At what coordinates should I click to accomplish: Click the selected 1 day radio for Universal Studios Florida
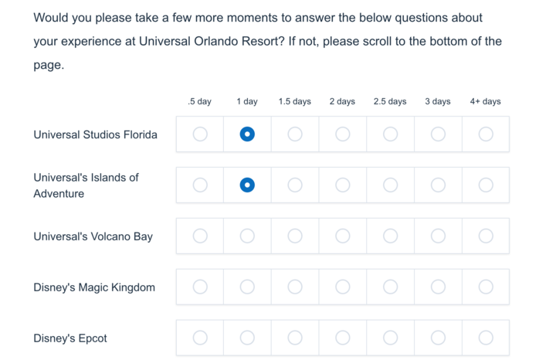(x=247, y=134)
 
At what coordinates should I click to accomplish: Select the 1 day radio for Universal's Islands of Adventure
(x=247, y=185)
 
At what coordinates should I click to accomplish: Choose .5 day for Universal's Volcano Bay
(x=200, y=236)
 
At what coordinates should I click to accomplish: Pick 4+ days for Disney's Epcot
(x=486, y=338)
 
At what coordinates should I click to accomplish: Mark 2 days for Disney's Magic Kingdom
(x=343, y=287)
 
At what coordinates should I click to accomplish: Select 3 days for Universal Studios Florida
(x=438, y=134)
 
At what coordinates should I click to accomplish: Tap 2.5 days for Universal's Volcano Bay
(x=391, y=236)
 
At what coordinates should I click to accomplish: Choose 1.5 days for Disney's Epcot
(x=295, y=338)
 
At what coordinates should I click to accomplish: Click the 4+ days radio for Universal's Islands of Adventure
(x=486, y=185)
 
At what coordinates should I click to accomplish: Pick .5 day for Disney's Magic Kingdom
(x=200, y=287)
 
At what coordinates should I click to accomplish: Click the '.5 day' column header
(x=200, y=101)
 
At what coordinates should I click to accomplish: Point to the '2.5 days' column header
(x=390, y=101)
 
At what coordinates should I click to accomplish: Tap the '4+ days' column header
(x=486, y=101)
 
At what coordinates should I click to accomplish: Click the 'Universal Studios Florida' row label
(x=96, y=134)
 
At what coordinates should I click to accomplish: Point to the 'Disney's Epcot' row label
(x=70, y=338)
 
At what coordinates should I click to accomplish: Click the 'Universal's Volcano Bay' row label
(x=93, y=236)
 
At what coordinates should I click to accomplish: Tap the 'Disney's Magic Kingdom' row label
(x=94, y=287)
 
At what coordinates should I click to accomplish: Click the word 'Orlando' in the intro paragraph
(x=216, y=41)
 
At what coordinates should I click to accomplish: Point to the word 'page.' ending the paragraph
(x=49, y=65)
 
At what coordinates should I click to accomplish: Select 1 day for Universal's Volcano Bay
(x=247, y=236)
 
